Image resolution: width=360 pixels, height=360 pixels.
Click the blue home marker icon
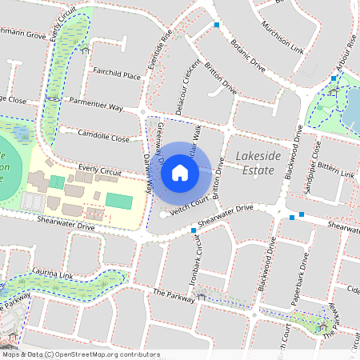coord(180,172)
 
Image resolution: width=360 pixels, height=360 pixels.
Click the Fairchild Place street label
coord(117,76)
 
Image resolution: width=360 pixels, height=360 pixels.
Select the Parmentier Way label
coord(95,106)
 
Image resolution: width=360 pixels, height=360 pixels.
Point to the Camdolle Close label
coord(102,138)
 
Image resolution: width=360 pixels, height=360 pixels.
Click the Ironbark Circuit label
coord(196,258)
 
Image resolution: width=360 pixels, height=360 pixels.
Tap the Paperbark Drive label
coord(303,276)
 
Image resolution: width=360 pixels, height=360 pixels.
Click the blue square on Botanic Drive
coord(217,25)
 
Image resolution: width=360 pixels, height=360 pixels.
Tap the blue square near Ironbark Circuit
coord(194,230)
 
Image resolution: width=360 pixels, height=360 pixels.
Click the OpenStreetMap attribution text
coord(80,354)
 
